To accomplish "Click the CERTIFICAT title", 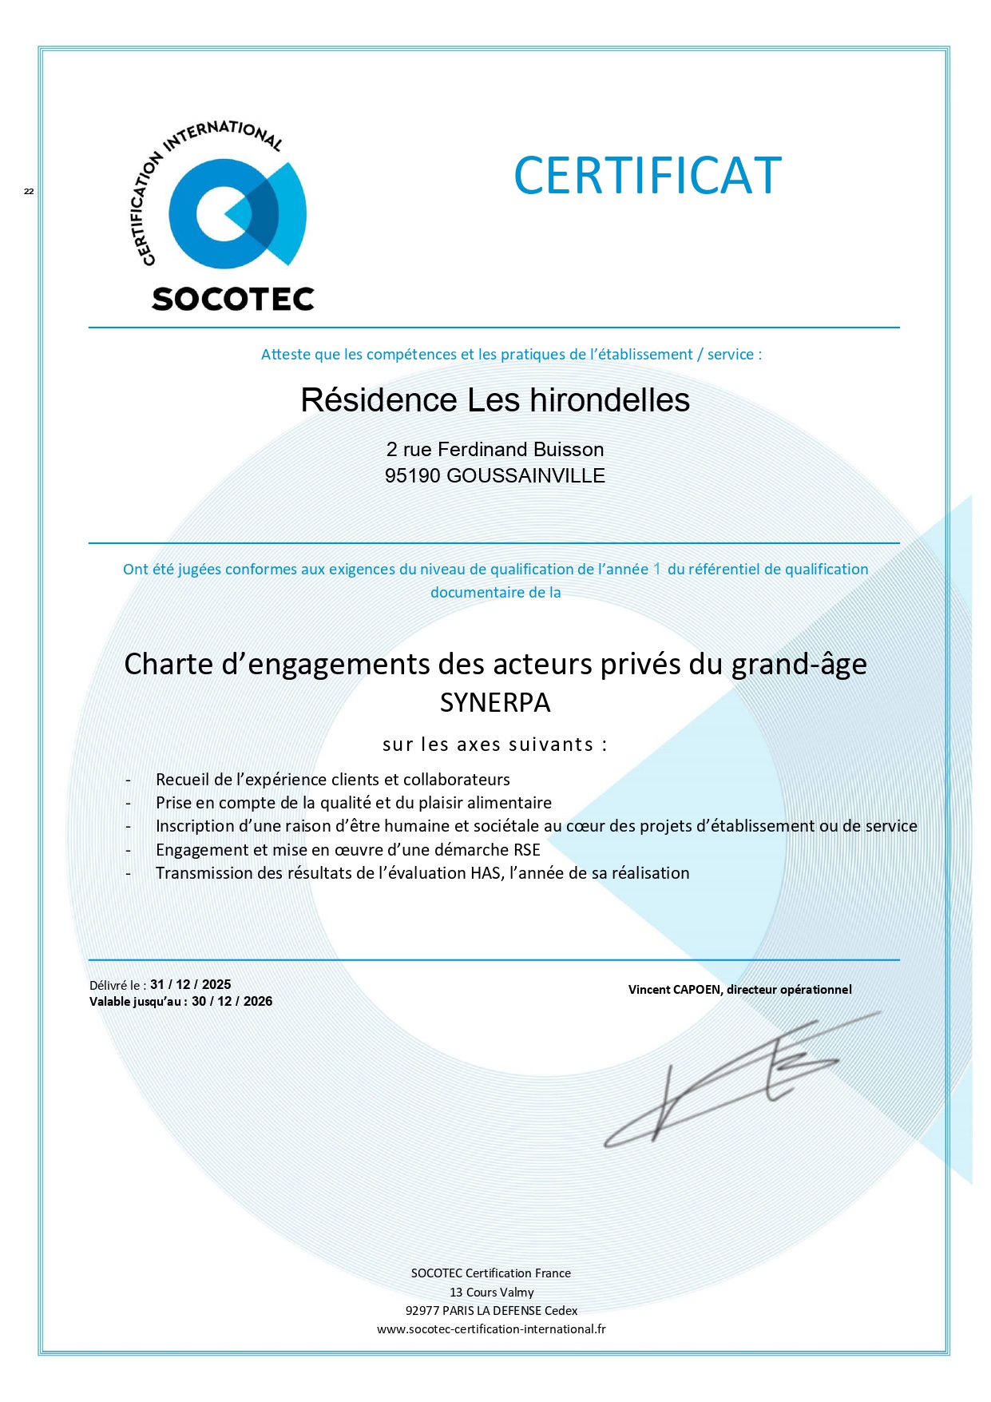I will pyautogui.click(x=647, y=176).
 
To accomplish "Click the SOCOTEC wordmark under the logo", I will pyautogui.click(x=232, y=299).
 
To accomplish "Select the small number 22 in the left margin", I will pyautogui.click(x=29, y=192).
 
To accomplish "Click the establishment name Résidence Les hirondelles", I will pyautogui.click(x=494, y=400).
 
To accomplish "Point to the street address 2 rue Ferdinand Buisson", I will pyautogui.click(x=494, y=450).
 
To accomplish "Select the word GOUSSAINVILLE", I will pyautogui.click(x=525, y=476).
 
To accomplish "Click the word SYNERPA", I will pyautogui.click(x=494, y=703).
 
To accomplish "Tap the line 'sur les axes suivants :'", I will pyautogui.click(x=494, y=745).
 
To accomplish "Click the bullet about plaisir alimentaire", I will pyautogui.click(x=353, y=803).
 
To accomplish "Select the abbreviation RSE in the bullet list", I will pyautogui.click(x=527, y=850).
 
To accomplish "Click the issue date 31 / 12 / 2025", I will pyautogui.click(x=191, y=985).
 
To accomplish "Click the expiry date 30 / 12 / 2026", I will pyautogui.click(x=232, y=1002).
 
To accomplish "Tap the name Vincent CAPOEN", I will pyautogui.click(x=674, y=990).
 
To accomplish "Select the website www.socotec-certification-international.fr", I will pyautogui.click(x=491, y=1329).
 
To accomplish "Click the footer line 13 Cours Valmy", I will pyautogui.click(x=491, y=1292).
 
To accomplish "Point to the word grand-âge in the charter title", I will pyautogui.click(x=799, y=665).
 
